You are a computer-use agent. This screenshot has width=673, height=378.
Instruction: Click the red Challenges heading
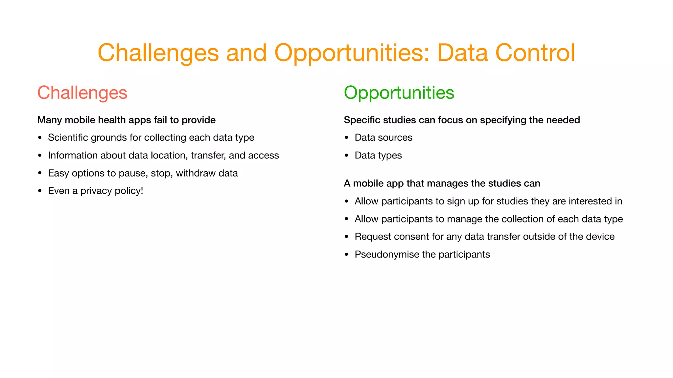pyautogui.click(x=82, y=93)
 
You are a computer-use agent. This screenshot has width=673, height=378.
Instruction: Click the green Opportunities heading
pyautogui.click(x=399, y=93)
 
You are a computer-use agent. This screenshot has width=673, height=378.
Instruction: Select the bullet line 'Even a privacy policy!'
pyautogui.click(x=95, y=191)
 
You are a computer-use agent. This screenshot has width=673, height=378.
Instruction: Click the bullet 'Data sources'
pyautogui.click(x=383, y=137)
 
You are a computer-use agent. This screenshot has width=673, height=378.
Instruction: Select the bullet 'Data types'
pyautogui.click(x=378, y=155)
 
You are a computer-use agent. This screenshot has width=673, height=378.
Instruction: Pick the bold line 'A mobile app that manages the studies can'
pyautogui.click(x=442, y=183)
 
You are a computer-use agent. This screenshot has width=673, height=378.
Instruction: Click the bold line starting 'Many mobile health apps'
pyautogui.click(x=126, y=120)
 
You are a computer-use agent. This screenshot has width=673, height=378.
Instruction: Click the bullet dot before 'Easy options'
pyautogui.click(x=40, y=173)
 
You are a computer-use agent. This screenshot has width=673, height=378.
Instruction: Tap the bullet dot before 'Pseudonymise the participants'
pyautogui.click(x=346, y=255)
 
